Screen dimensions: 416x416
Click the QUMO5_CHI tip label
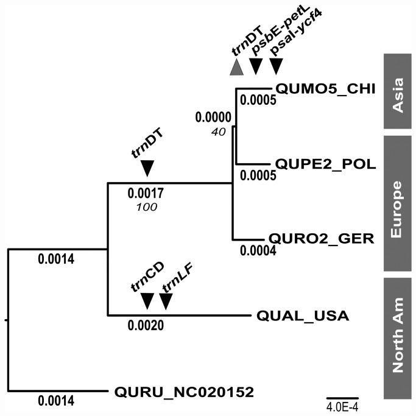317,88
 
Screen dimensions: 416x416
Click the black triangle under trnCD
147,300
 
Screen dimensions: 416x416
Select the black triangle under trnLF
166,300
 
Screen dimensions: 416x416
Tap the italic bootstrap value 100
147,207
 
